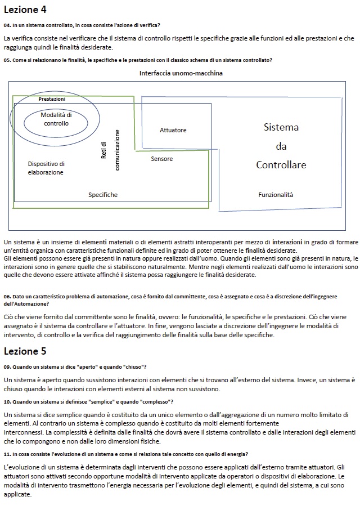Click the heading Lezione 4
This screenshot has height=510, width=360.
25,10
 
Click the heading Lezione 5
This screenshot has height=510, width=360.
25,352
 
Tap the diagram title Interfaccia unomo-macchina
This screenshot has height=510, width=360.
181,73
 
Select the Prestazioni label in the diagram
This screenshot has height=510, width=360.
52,99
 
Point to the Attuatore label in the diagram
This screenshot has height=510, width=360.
173,130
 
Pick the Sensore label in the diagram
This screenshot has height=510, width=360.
162,159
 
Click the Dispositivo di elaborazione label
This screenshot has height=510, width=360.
46,168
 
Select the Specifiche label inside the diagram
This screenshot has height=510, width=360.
103,195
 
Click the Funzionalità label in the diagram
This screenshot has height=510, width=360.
276,195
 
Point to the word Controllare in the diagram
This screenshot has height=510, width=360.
281,165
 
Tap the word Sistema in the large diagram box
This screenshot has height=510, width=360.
281,127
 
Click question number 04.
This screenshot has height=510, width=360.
6,25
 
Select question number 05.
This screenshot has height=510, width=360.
6,60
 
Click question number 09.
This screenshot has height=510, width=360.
6,367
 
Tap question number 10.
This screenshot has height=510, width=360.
6,401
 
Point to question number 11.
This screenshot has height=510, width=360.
6,454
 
